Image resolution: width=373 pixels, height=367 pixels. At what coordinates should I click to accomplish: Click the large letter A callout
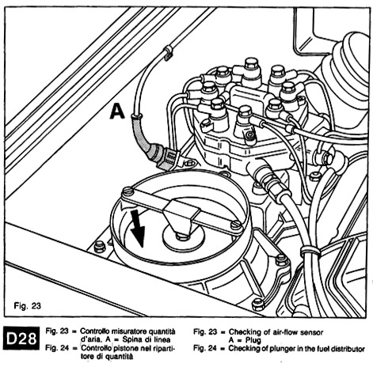(x=117, y=112)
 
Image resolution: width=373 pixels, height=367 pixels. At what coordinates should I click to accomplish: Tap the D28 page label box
(x=21, y=339)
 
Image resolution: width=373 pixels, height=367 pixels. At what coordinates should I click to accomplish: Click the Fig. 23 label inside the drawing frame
(x=28, y=305)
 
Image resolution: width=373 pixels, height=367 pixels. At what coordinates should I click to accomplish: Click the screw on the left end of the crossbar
(x=128, y=191)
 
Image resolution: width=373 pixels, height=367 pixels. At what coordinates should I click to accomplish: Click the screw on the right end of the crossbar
(x=236, y=225)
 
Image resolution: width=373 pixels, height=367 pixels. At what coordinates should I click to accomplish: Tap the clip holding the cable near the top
(x=168, y=52)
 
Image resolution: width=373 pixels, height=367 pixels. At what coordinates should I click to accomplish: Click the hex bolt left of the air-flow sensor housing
(x=100, y=247)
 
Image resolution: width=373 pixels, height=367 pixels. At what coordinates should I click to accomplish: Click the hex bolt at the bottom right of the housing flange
(x=257, y=305)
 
